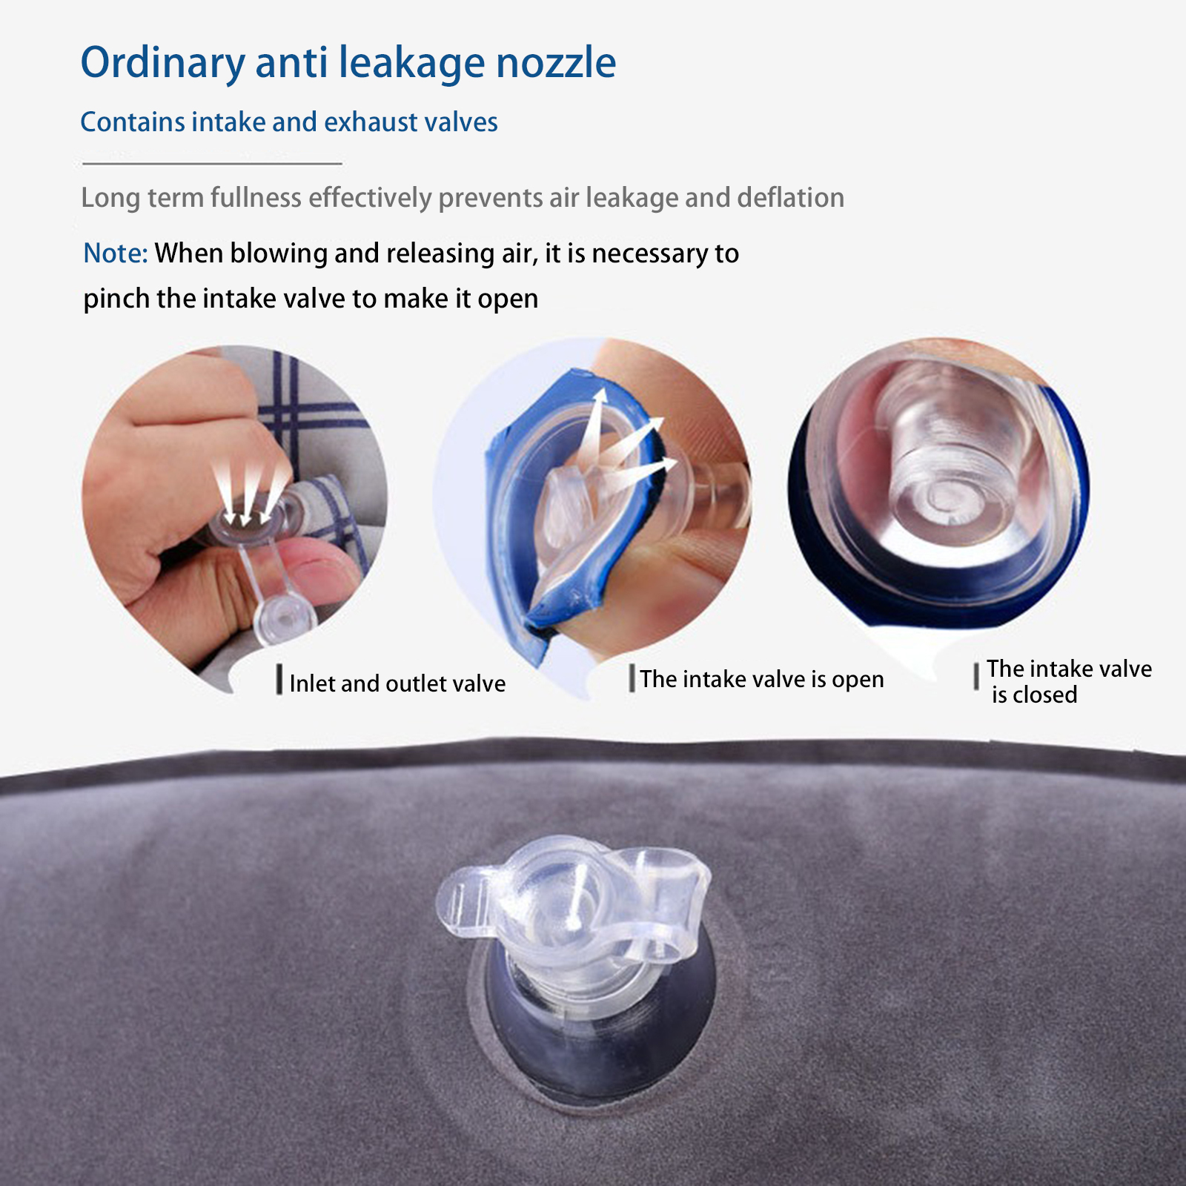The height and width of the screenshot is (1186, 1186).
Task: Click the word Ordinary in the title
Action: pyautogui.click(x=162, y=64)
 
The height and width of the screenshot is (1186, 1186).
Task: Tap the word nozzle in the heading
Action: pyautogui.click(x=556, y=63)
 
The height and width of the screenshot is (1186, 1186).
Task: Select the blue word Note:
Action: pyautogui.click(x=116, y=254)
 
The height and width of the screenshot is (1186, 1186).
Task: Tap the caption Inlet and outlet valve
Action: pyautogui.click(x=397, y=683)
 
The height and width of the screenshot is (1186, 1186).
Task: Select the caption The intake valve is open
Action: pyautogui.click(x=762, y=680)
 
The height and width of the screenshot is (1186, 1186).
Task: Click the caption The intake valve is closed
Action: pyautogui.click(x=1069, y=682)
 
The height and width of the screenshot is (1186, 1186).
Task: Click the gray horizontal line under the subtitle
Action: pyautogui.click(x=212, y=163)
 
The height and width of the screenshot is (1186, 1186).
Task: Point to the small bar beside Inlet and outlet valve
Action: pyautogui.click(x=279, y=680)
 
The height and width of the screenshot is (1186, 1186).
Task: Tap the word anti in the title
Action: pyautogui.click(x=291, y=62)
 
